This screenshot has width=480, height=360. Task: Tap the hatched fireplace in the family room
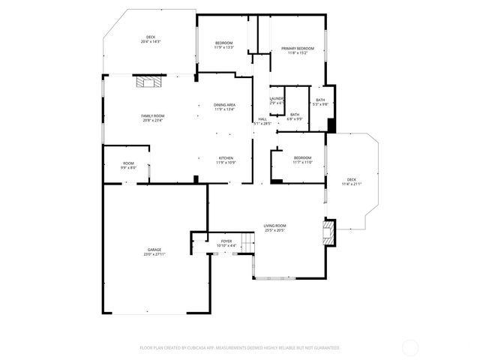tap(145, 82)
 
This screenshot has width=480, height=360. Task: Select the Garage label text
tap(154, 252)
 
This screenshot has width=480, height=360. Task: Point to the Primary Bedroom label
tap(297, 51)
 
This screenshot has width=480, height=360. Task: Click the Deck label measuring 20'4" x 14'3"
tap(151, 39)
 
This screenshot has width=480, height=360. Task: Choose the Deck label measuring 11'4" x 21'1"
tap(352, 181)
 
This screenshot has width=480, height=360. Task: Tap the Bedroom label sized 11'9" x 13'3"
tap(224, 45)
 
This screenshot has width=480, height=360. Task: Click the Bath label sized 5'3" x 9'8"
tap(320, 102)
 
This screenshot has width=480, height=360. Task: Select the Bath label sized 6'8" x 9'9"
tap(295, 116)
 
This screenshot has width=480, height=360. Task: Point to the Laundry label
tap(276, 100)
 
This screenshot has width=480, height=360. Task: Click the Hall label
tap(263, 121)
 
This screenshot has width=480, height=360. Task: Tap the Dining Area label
tap(225, 106)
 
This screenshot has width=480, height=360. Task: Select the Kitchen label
tap(226, 160)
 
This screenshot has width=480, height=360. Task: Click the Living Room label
tap(274, 227)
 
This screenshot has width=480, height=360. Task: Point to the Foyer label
tap(226, 243)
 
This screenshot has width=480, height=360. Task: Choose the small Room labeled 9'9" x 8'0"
tap(128, 166)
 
